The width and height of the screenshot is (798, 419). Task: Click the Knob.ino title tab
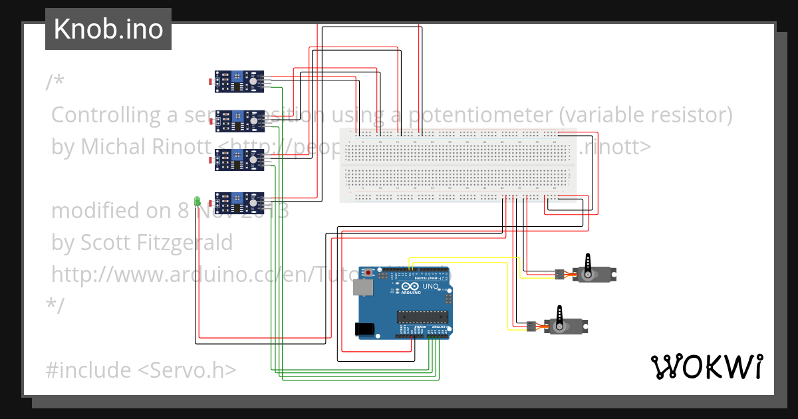click(108, 29)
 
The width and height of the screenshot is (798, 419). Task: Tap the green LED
click(197, 201)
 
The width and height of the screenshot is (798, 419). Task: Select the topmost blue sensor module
click(239, 81)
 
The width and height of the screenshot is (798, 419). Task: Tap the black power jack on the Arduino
click(364, 329)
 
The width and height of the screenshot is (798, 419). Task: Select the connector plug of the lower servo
click(531, 326)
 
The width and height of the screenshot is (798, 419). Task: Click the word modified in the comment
click(93, 211)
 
